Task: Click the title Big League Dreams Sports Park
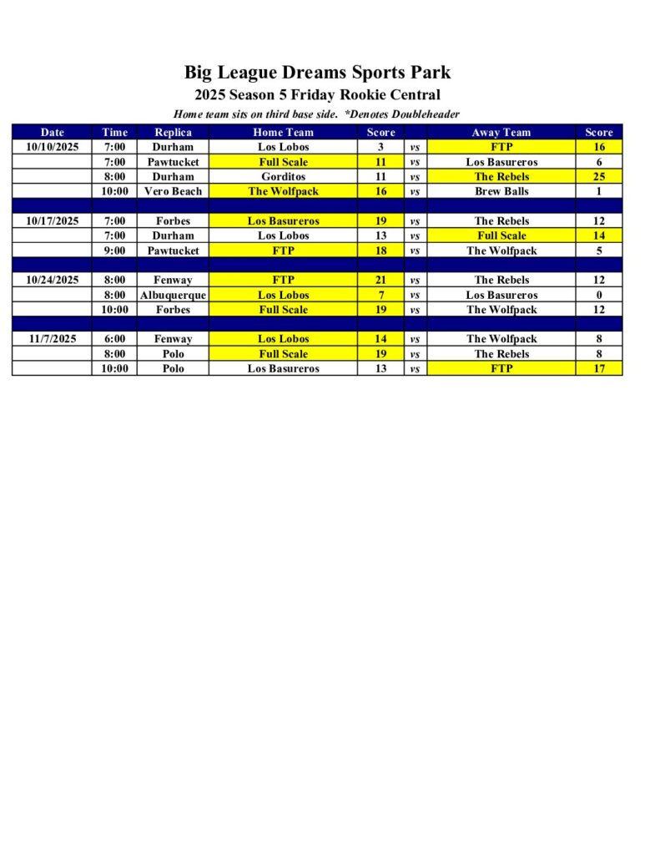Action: pyautogui.click(x=317, y=73)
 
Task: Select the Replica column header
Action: pyautogui.click(x=173, y=132)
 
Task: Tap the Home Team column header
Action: pyautogui.click(x=283, y=132)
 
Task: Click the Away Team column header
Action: pyautogui.click(x=501, y=132)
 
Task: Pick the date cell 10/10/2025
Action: pyautogui.click(x=52, y=147)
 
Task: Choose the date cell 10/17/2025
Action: pyautogui.click(x=52, y=221)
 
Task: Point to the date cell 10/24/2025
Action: pyautogui.click(x=52, y=280)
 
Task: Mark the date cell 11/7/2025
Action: pyautogui.click(x=52, y=339)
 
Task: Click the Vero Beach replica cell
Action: pyautogui.click(x=173, y=191)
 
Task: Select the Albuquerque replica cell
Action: pyautogui.click(x=173, y=295)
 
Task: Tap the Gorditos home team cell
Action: pyautogui.click(x=283, y=177)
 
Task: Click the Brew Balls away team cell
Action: pyautogui.click(x=501, y=191)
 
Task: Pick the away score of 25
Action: pyautogui.click(x=598, y=177)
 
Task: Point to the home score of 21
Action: pyautogui.click(x=380, y=280)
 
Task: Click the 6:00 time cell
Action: pyautogui.click(x=114, y=339)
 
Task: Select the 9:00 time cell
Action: pyautogui.click(x=114, y=250)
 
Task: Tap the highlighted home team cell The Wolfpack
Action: pyautogui.click(x=283, y=191)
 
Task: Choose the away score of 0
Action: pyautogui.click(x=598, y=295)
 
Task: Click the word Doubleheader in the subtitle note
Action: pyautogui.click(x=426, y=114)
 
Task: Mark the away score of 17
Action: pyautogui.click(x=598, y=368)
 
